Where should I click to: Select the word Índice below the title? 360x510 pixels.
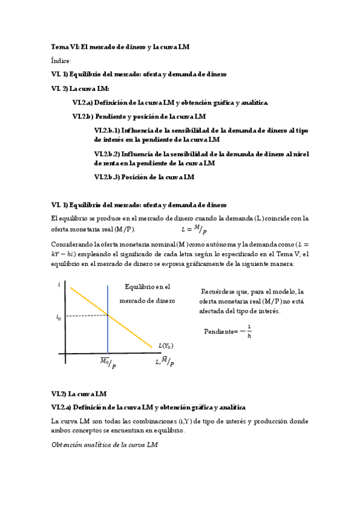pos(61,60)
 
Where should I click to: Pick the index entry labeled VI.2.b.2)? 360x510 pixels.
pos(201,158)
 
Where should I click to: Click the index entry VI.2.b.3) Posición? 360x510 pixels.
pos(144,177)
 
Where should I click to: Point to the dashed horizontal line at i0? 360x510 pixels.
pos(84,315)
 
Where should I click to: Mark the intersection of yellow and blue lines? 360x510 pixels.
pos(108,315)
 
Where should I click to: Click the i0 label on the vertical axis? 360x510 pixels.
pos(58,317)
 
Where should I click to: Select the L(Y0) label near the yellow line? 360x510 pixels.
pos(166,345)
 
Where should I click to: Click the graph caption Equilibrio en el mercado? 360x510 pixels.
pos(147,293)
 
